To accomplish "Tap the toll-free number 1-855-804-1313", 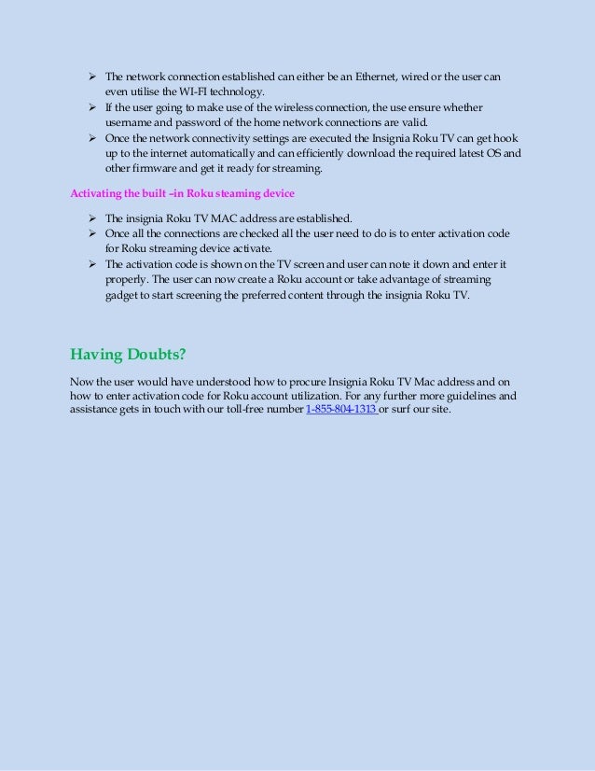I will coord(340,409).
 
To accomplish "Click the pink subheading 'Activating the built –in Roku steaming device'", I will coord(181,194).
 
